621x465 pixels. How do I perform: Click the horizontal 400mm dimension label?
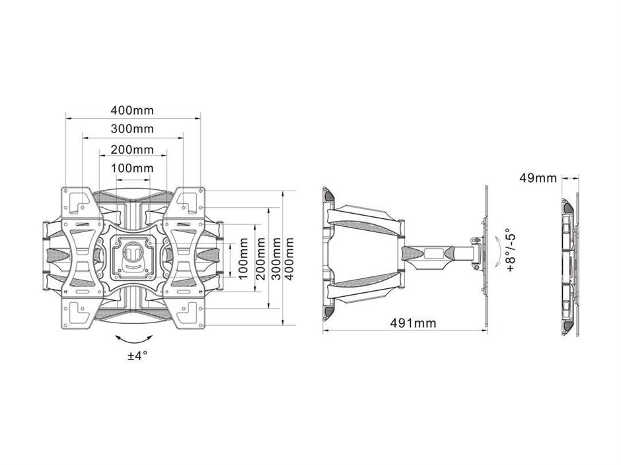(132, 109)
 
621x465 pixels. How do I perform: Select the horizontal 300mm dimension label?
(132, 129)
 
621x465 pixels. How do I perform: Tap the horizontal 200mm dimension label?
(132, 150)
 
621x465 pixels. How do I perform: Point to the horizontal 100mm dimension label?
(132, 168)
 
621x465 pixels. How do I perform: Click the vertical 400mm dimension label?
(289, 259)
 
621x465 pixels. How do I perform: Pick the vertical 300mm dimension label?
(275, 259)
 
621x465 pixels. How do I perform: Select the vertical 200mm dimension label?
(260, 259)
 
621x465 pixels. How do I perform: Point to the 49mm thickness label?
(538, 178)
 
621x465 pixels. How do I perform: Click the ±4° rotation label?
(137, 356)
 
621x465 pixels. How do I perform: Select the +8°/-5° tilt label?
(511, 249)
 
